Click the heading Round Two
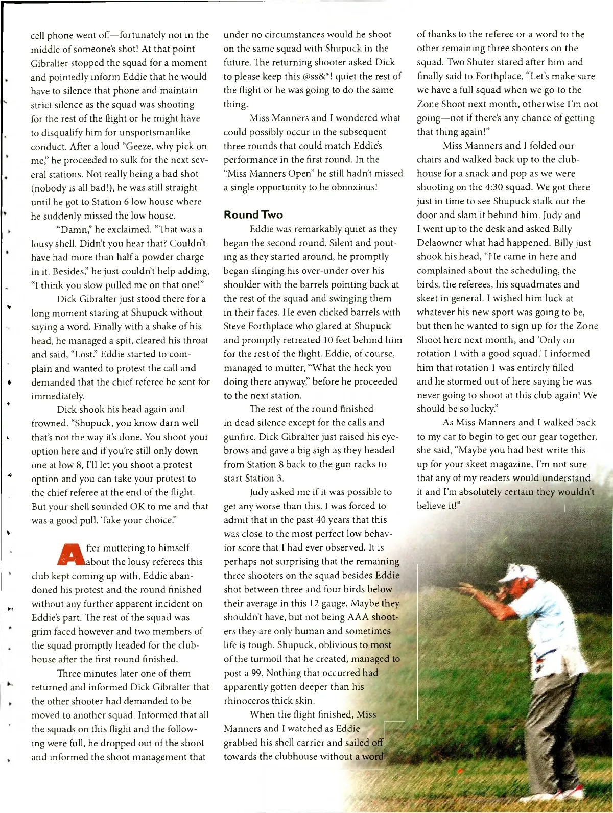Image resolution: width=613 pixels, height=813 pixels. click(x=253, y=214)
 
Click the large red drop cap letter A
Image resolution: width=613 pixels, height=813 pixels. click(x=73, y=555)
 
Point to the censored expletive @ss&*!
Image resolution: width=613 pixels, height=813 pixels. click(x=320, y=76)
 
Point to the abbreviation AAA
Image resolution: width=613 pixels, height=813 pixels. click(x=359, y=617)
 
